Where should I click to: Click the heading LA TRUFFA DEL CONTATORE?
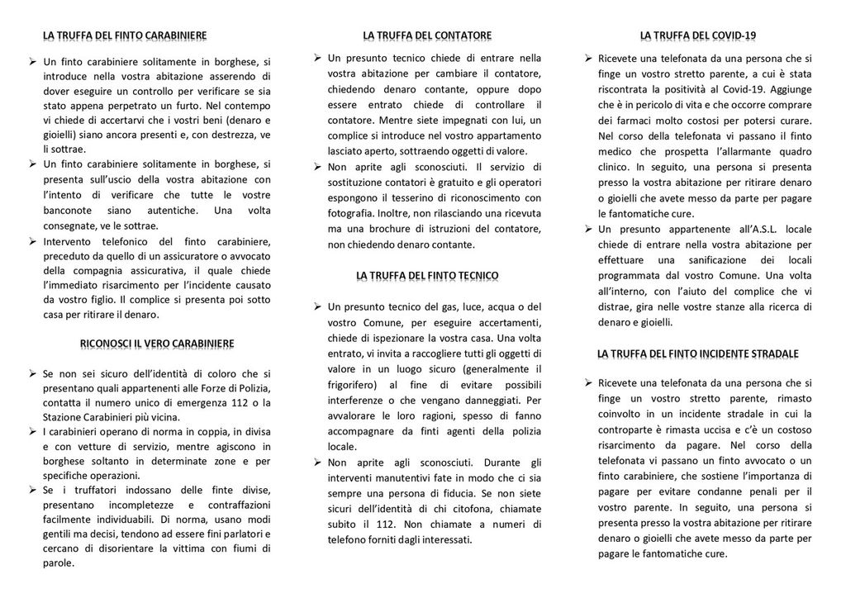tap(426, 35)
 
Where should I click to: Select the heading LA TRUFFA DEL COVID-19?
tap(698, 35)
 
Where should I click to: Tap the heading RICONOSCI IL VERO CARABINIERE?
tap(156, 343)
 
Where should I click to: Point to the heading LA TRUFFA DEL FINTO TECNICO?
tap(427, 275)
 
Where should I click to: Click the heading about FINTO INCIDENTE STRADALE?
tap(698, 354)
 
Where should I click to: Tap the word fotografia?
tap(352, 213)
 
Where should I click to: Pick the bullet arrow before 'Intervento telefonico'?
tap(31, 241)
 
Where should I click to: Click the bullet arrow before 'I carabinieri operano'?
tap(31, 432)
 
